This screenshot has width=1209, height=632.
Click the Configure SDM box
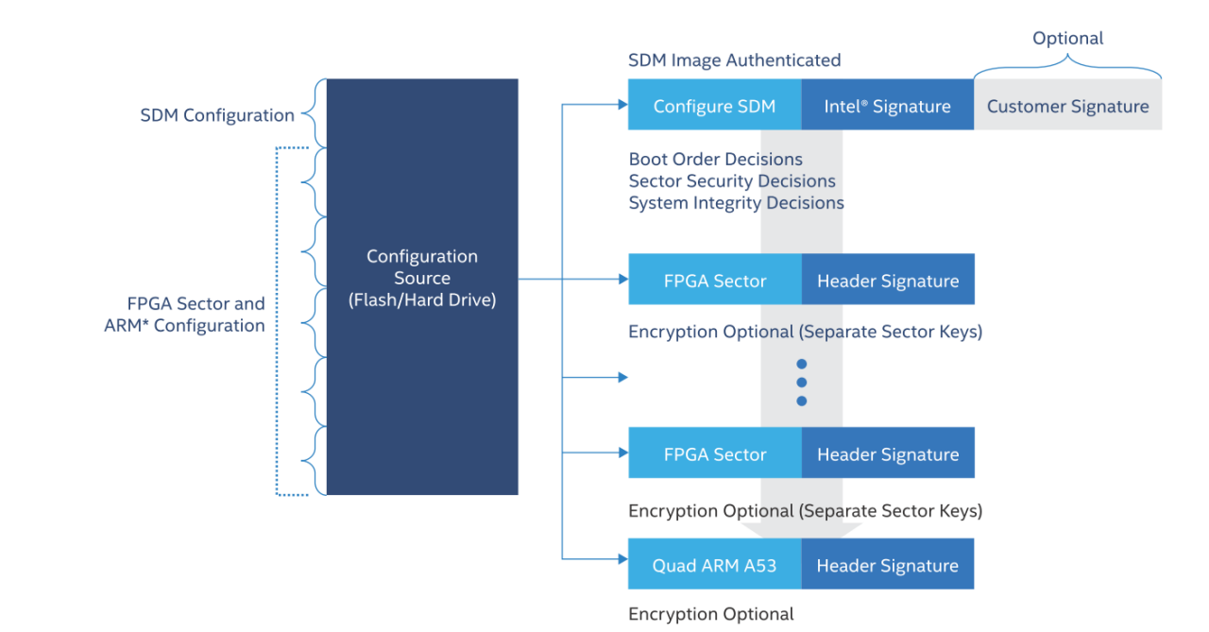(x=714, y=107)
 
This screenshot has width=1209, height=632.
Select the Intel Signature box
(x=887, y=107)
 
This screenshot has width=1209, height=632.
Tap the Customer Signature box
(x=1067, y=107)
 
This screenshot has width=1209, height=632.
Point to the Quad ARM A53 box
(x=714, y=566)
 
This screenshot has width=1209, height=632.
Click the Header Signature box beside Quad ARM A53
(x=887, y=566)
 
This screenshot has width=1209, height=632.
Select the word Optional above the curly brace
(x=1067, y=39)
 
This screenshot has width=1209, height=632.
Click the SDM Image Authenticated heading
(x=734, y=60)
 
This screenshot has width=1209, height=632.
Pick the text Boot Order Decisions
(x=715, y=159)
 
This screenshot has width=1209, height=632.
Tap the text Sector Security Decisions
(x=732, y=180)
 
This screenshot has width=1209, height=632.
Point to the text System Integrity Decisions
(x=736, y=202)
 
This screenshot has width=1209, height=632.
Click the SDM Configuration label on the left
(x=217, y=115)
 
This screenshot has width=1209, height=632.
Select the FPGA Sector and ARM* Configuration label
(x=185, y=315)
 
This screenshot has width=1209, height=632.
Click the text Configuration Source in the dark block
(x=422, y=267)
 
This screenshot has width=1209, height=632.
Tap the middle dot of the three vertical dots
(x=801, y=383)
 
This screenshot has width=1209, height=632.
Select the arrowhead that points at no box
(x=622, y=378)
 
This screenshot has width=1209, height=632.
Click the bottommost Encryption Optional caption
(x=710, y=614)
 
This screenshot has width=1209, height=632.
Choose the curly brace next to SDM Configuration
(x=312, y=114)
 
